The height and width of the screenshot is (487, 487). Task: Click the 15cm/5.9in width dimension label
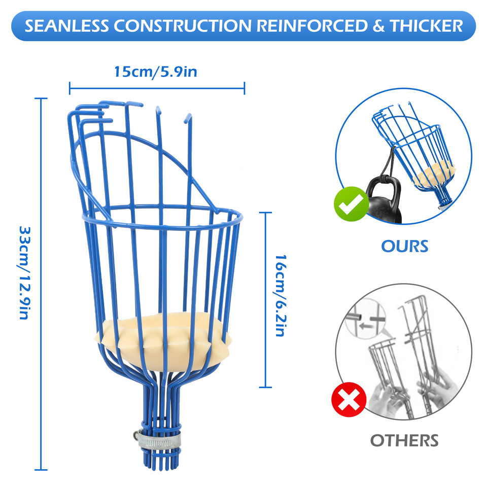tap(155, 72)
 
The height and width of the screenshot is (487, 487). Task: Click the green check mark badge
tap(351, 204)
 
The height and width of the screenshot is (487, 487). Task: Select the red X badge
tap(349, 400)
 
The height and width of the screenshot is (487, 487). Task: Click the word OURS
tap(405, 247)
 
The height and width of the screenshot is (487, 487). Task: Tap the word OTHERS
tap(404, 440)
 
